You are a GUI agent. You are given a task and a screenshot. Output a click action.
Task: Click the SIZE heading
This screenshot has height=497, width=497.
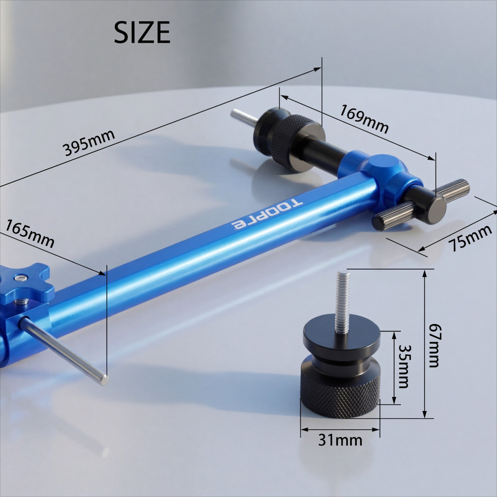coord(142,32)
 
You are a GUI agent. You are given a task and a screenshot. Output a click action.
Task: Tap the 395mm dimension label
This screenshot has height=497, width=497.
coord(88,143)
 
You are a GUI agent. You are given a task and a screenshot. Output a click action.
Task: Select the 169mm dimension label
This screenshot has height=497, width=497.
coord(364,119)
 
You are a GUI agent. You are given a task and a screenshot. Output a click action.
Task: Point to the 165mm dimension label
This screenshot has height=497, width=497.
coord(30,233)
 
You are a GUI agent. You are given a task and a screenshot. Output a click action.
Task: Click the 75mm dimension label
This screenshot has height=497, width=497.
coord(470,238)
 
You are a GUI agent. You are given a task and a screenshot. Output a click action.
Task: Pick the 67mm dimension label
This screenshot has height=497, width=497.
coord(434,345)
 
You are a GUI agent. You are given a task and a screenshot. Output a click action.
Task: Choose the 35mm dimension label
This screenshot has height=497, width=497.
coord(403,366)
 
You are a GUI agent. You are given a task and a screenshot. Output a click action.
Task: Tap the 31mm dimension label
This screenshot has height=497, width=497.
coord(340,440)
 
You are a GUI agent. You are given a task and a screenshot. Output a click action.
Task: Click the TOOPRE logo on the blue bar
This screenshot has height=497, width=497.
coord(267,215)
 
